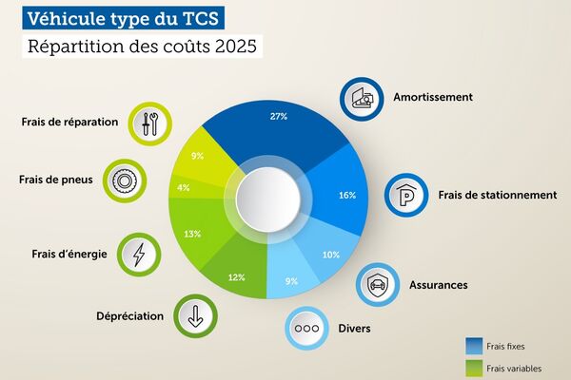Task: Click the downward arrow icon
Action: (195, 316)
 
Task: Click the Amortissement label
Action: (433, 97)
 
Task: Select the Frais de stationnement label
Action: (498, 195)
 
